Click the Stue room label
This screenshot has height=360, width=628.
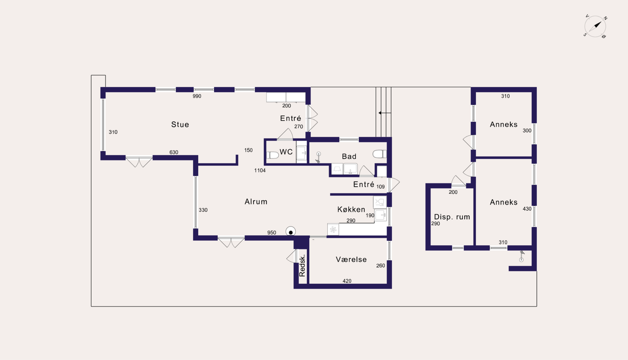pos(180,125)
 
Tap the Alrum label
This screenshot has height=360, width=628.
pos(256,202)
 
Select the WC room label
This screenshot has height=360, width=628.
pos(286,152)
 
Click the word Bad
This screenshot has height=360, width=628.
pos(349,156)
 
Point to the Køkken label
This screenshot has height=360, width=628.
pos(351,209)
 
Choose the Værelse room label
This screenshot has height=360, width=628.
pos(351,259)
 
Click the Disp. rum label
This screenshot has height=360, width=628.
pos(452,217)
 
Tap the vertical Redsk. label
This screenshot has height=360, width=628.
pos(302,266)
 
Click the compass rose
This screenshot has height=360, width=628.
pos(595,26)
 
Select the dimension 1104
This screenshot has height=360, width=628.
pos(260,171)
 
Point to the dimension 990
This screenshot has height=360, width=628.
pos(197,96)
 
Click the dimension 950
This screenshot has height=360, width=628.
pos(272,232)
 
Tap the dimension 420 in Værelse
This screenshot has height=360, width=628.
pos(347,281)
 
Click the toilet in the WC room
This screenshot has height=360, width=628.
pos(272,155)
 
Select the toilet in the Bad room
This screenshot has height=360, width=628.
pos(380,154)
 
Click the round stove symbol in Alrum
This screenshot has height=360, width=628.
pos(291,232)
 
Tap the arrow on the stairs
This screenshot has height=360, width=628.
pos(385,113)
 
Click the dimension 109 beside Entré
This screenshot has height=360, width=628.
pos(380,187)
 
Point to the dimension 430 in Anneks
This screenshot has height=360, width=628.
pos(527,209)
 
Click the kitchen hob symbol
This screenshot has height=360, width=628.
pos(333,230)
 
